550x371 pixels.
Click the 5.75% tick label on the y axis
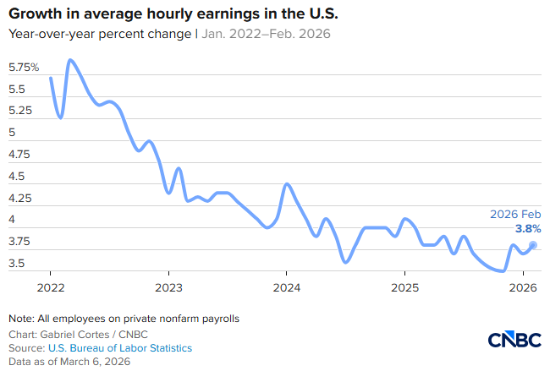tap(25, 67)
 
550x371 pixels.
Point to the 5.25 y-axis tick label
tap(21, 111)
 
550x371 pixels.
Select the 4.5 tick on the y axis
tap(18, 177)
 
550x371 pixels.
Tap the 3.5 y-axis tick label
tap(18, 265)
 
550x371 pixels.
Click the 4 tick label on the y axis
tap(12, 220)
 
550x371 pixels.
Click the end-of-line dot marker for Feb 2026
tap(533, 245)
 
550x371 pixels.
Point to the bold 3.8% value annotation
tap(527, 228)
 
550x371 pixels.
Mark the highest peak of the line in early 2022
tap(70, 60)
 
